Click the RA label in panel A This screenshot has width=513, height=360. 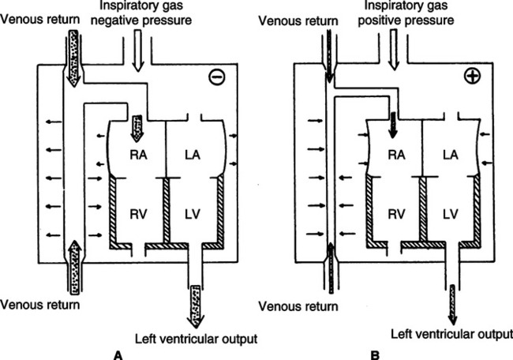coord(138,155)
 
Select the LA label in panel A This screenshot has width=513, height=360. coord(193,155)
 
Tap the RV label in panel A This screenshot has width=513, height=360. coord(138,215)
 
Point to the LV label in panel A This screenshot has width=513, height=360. coord(193,215)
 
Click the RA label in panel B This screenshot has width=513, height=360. coord(396,155)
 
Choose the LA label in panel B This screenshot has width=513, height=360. coord(451,155)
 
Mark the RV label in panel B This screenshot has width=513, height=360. coord(396,215)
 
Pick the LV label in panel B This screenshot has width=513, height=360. coord(451,215)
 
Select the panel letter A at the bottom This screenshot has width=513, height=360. coord(118,355)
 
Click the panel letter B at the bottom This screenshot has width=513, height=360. coord(375,355)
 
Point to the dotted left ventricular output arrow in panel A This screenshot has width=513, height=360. coord(196,306)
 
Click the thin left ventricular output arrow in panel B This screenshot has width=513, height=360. coord(453,305)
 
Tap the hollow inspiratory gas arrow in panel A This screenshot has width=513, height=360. coord(138,51)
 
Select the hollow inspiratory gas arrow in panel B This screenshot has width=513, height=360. coord(395,50)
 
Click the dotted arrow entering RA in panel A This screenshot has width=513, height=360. coord(137,129)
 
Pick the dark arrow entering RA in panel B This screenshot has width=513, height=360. coord(393,125)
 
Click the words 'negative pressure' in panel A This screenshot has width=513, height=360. coord(141,20)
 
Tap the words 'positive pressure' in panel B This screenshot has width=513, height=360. coord(406,20)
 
